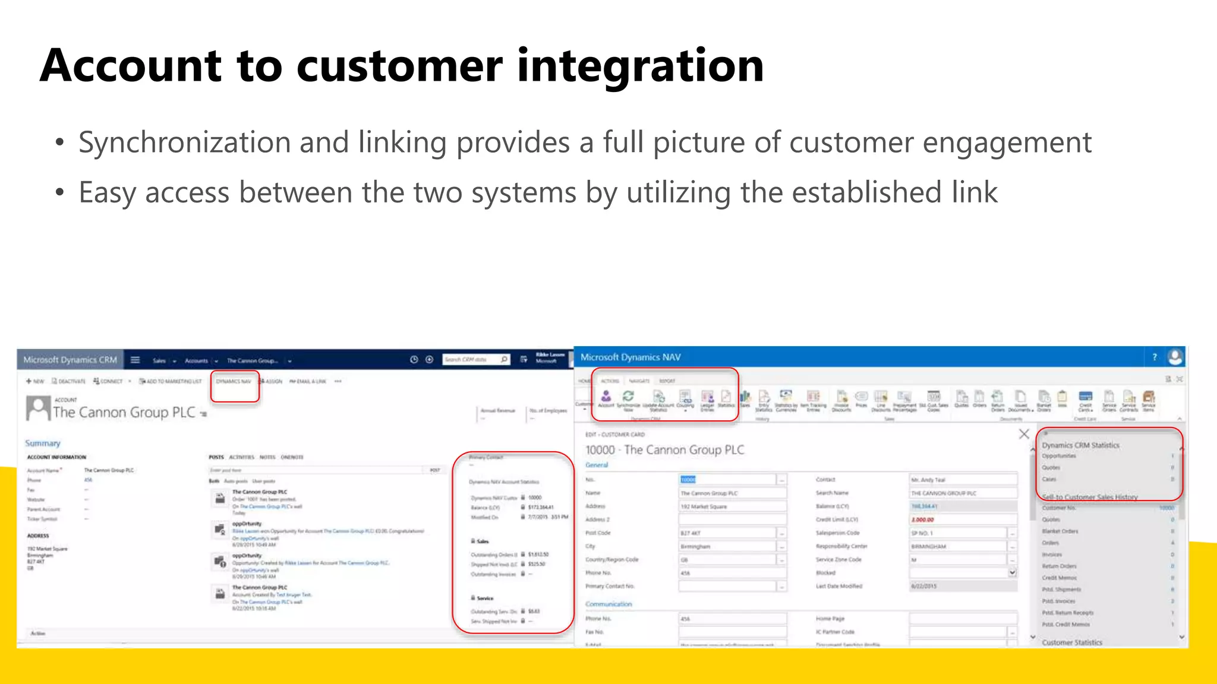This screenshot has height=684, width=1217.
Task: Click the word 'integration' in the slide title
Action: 640,65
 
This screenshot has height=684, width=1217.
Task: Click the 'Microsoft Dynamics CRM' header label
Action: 70,360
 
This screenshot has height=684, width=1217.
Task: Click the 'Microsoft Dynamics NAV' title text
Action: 630,357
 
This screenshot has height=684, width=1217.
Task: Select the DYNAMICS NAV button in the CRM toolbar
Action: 234,381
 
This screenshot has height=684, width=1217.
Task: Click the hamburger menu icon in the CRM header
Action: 135,360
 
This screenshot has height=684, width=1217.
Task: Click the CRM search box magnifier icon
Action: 504,359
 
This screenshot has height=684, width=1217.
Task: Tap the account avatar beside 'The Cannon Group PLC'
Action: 38,408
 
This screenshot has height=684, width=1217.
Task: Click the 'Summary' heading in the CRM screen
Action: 42,444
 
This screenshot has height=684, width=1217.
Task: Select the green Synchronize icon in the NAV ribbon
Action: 628,396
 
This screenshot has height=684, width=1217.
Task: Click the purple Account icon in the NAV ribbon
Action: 606,396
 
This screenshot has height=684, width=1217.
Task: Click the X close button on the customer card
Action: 1024,434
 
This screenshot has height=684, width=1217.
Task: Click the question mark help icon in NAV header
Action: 1155,357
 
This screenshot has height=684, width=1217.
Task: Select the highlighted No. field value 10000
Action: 688,480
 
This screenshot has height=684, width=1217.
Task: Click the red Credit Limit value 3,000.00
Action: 923,520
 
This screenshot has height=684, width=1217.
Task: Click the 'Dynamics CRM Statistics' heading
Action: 1080,445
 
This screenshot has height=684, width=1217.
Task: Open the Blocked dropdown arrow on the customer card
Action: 1012,573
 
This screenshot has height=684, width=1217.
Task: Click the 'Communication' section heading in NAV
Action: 608,604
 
